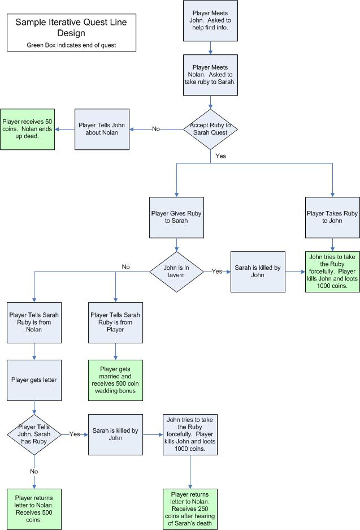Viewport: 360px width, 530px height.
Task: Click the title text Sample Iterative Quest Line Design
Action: (71, 28)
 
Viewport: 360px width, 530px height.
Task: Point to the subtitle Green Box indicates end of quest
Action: (71, 45)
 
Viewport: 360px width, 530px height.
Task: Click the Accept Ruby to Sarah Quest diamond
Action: (210, 129)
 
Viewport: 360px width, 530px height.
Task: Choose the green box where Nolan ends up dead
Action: (28, 129)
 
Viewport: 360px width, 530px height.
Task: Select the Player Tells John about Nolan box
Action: (102, 129)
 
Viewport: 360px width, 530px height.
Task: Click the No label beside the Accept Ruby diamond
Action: (156, 129)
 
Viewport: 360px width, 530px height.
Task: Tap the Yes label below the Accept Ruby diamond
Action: (221, 156)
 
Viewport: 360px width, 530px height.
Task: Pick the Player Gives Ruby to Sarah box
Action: (177, 217)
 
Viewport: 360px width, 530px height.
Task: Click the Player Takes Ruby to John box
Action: (332, 217)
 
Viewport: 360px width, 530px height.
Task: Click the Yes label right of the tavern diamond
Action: (217, 272)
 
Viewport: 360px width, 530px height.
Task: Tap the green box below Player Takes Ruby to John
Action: (332, 272)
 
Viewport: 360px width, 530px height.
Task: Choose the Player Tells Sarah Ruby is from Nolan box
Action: (34, 322)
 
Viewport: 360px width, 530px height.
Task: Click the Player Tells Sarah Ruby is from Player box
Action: (116, 322)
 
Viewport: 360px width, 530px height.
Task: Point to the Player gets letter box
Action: (34, 380)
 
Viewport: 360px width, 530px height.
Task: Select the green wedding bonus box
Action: (116, 380)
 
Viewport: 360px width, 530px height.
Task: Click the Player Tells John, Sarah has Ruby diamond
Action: (34, 434)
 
